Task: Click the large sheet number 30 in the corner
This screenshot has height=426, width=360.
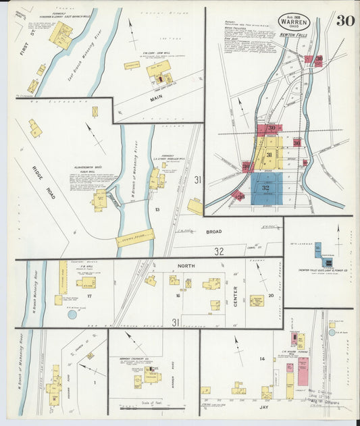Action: pos(346,20)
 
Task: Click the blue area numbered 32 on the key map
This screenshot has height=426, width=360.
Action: pos(266,188)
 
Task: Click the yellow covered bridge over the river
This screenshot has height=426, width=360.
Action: pos(135,238)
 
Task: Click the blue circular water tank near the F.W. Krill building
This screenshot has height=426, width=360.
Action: pos(72,314)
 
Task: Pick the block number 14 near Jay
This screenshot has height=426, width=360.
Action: pos(261,358)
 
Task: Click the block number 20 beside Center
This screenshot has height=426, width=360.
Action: pos(270,295)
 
